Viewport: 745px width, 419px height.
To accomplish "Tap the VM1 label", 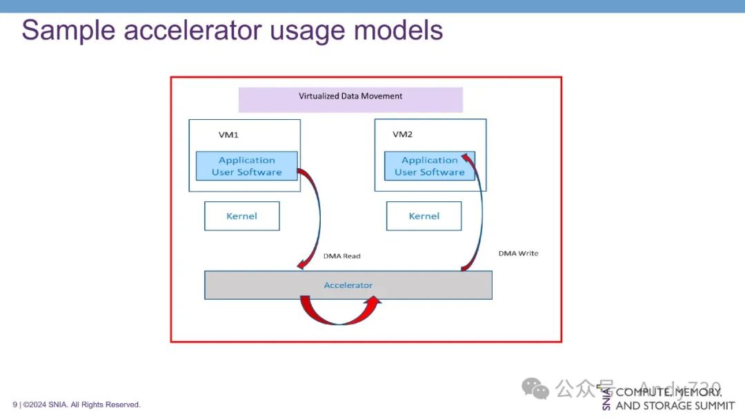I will [228, 134].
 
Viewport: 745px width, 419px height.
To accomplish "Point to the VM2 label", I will [402, 134].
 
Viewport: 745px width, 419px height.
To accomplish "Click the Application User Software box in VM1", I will [246, 166].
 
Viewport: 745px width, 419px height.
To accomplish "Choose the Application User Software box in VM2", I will [429, 166].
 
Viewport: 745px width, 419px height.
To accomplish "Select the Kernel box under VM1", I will [241, 216].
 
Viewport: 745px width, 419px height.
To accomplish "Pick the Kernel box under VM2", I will [424, 216].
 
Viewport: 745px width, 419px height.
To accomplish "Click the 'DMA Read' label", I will [341, 256].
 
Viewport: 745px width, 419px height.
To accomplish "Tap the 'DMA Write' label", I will [518, 254].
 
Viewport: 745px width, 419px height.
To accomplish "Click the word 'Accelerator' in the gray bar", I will [348, 285].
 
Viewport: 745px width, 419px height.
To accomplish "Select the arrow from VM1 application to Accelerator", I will [317, 221].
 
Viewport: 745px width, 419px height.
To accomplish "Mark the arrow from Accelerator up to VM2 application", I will [477, 214].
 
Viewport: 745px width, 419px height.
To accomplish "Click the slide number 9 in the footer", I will [14, 405].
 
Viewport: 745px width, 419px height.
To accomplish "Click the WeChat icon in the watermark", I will [535, 389].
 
